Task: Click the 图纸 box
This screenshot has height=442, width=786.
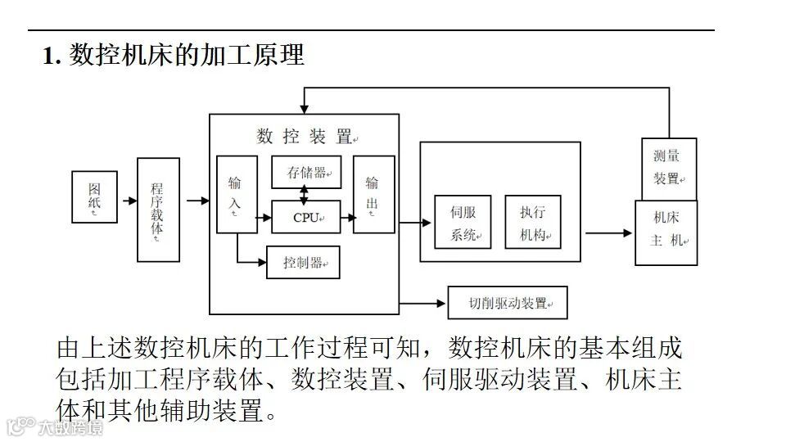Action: [x=94, y=197]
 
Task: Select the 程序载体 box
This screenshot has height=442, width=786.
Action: [x=158, y=210]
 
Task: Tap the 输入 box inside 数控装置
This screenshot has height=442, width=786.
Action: [x=235, y=194]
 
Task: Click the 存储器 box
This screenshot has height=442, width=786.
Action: [x=305, y=173]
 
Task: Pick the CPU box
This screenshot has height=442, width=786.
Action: [x=305, y=217]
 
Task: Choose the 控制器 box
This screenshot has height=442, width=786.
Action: [x=303, y=263]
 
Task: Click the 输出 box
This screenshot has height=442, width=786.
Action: [x=373, y=194]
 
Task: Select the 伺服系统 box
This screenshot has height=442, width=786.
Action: [x=463, y=223]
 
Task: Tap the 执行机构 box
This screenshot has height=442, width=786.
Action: [x=533, y=223]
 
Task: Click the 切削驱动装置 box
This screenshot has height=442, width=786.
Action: [x=508, y=303]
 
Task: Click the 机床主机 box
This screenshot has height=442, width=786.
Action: [x=666, y=232]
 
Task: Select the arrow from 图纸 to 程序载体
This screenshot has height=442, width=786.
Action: [x=128, y=200]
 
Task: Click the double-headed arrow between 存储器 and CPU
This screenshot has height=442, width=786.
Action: [x=305, y=195]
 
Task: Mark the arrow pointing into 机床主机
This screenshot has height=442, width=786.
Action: [x=609, y=233]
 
